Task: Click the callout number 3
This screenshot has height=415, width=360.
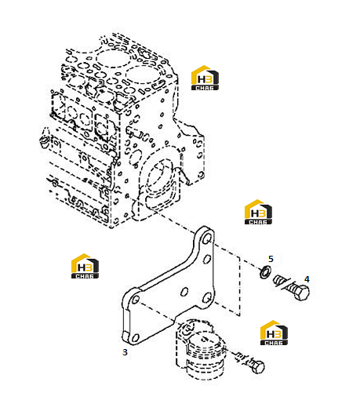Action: tap(125, 352)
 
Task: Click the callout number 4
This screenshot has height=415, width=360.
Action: tap(307, 279)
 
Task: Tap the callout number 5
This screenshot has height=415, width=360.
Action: tap(271, 259)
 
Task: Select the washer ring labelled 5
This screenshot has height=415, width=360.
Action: tap(265, 272)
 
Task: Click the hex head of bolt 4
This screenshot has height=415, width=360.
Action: tap(301, 293)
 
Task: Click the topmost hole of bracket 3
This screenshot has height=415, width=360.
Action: tap(208, 239)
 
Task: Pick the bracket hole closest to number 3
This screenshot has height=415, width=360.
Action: tap(135, 338)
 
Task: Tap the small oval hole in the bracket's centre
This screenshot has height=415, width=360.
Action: tap(184, 292)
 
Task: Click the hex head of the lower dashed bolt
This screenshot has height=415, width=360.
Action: tap(258, 366)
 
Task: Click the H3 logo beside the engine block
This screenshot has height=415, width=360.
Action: tap(205, 78)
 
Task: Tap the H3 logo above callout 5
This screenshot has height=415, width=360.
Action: tap(258, 212)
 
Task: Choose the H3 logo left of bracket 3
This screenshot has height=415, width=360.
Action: tap(85, 266)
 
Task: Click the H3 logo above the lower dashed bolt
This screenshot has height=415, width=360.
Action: tap(274, 333)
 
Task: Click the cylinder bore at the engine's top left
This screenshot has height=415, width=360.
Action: tap(113, 58)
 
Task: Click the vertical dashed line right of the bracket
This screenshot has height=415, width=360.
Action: tap(240, 286)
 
